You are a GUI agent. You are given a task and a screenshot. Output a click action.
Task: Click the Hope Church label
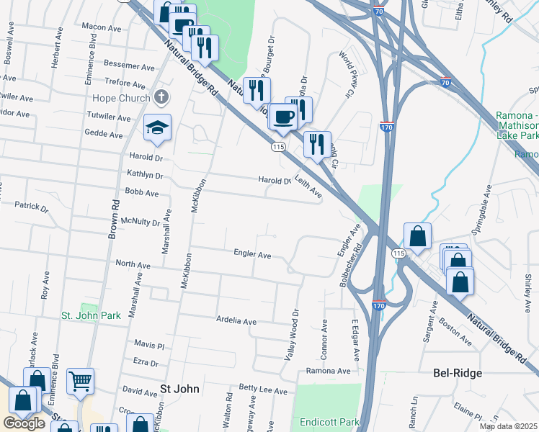click(x=121, y=98)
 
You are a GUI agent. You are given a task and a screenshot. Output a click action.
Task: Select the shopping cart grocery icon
click(x=80, y=382)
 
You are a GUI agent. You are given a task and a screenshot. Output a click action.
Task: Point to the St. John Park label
click(x=91, y=315)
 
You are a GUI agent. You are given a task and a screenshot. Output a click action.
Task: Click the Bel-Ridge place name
click(x=458, y=373)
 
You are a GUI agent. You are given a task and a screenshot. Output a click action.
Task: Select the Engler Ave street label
click(x=251, y=254)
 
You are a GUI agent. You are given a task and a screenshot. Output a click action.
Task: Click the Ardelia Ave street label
click(x=236, y=320)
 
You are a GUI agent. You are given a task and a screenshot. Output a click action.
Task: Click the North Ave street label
click(x=133, y=266)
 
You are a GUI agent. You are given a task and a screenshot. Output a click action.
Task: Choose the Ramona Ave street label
click(x=328, y=371)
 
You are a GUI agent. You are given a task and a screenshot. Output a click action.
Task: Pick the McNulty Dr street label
click(x=141, y=221)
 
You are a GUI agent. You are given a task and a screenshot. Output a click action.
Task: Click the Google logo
click(x=24, y=423)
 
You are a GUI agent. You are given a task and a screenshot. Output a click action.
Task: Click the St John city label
click(x=179, y=389)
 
